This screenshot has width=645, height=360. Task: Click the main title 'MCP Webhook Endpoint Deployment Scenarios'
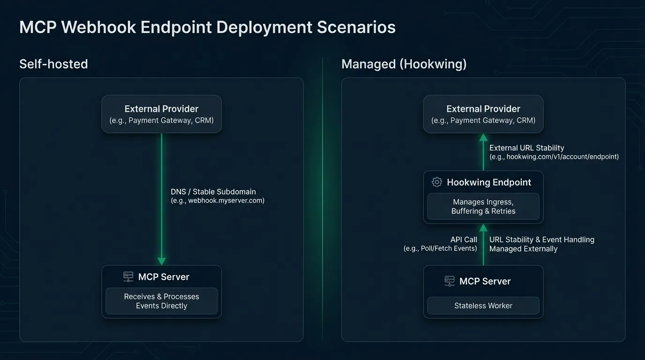click(207, 27)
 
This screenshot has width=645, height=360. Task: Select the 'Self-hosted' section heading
click(53, 64)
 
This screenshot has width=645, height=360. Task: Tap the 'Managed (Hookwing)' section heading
click(404, 64)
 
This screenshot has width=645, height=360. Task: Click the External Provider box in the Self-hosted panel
click(161, 114)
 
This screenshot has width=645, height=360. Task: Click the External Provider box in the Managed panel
click(483, 114)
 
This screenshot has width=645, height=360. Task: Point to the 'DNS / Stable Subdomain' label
click(213, 192)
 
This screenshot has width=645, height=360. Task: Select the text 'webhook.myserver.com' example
click(226, 201)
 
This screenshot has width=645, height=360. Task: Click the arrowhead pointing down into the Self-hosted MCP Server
click(162, 261)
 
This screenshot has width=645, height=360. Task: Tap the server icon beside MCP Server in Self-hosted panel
click(128, 277)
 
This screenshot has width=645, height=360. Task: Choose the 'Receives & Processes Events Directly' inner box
click(161, 301)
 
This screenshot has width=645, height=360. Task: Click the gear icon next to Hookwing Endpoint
click(437, 182)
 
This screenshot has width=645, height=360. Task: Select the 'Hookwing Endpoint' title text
click(489, 182)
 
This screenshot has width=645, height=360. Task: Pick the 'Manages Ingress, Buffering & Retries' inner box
click(483, 207)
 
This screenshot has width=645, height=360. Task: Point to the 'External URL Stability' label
click(526, 148)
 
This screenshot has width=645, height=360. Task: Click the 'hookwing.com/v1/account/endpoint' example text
click(562, 157)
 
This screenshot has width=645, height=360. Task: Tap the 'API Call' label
click(464, 240)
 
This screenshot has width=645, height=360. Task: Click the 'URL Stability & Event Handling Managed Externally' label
click(541, 244)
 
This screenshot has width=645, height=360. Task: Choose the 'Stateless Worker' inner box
click(483, 306)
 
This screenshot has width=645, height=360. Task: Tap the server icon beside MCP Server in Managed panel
click(450, 281)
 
